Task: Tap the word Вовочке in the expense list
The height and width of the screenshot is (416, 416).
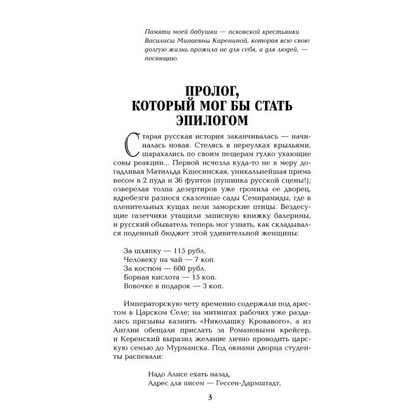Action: click(140, 286)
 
